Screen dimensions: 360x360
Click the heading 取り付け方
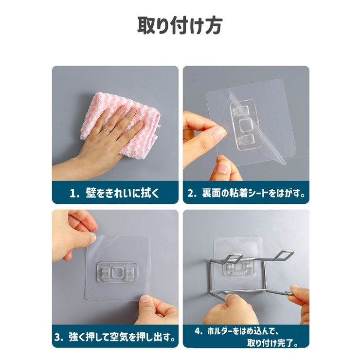180,26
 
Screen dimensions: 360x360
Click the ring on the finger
106,130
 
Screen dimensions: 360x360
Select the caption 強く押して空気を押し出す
121,337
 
